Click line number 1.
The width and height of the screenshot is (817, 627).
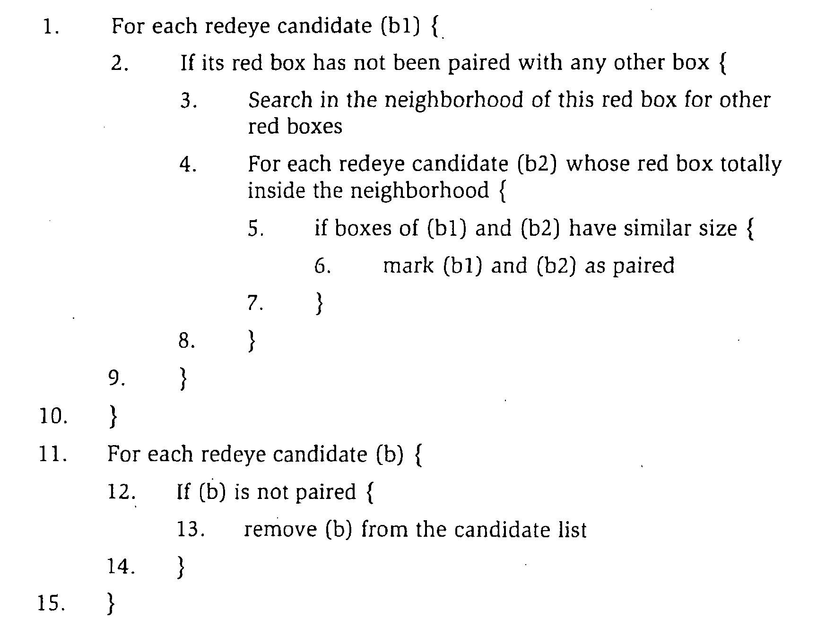(51, 27)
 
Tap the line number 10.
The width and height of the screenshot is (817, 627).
(54, 416)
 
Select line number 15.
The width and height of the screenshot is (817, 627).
(52, 603)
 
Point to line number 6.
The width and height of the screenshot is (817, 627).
(322, 266)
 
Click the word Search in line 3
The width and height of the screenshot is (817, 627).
(280, 100)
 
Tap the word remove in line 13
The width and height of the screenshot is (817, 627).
(280, 530)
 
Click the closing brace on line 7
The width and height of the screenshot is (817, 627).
(320, 303)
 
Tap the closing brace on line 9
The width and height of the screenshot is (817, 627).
(183, 378)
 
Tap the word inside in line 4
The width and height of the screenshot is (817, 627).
(277, 191)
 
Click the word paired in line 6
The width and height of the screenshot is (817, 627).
(643, 266)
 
